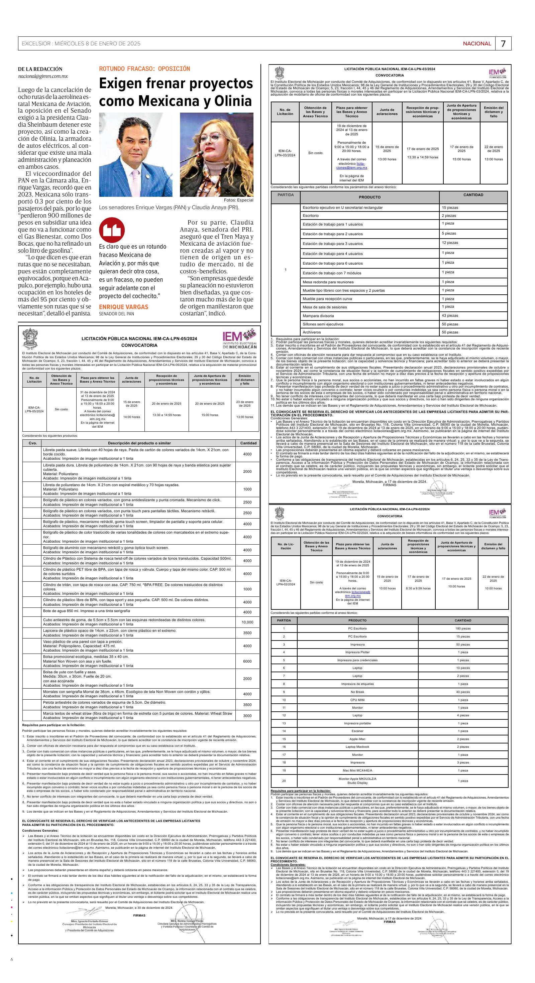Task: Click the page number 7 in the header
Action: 503,43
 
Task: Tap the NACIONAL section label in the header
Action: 477,43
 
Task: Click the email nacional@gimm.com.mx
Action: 43,76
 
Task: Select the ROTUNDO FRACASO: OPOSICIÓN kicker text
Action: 144,69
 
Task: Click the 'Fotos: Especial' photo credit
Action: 238,200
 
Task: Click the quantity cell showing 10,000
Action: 247,622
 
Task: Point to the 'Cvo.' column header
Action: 32,443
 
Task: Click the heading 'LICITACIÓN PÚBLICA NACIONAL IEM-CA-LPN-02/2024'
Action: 390,510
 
